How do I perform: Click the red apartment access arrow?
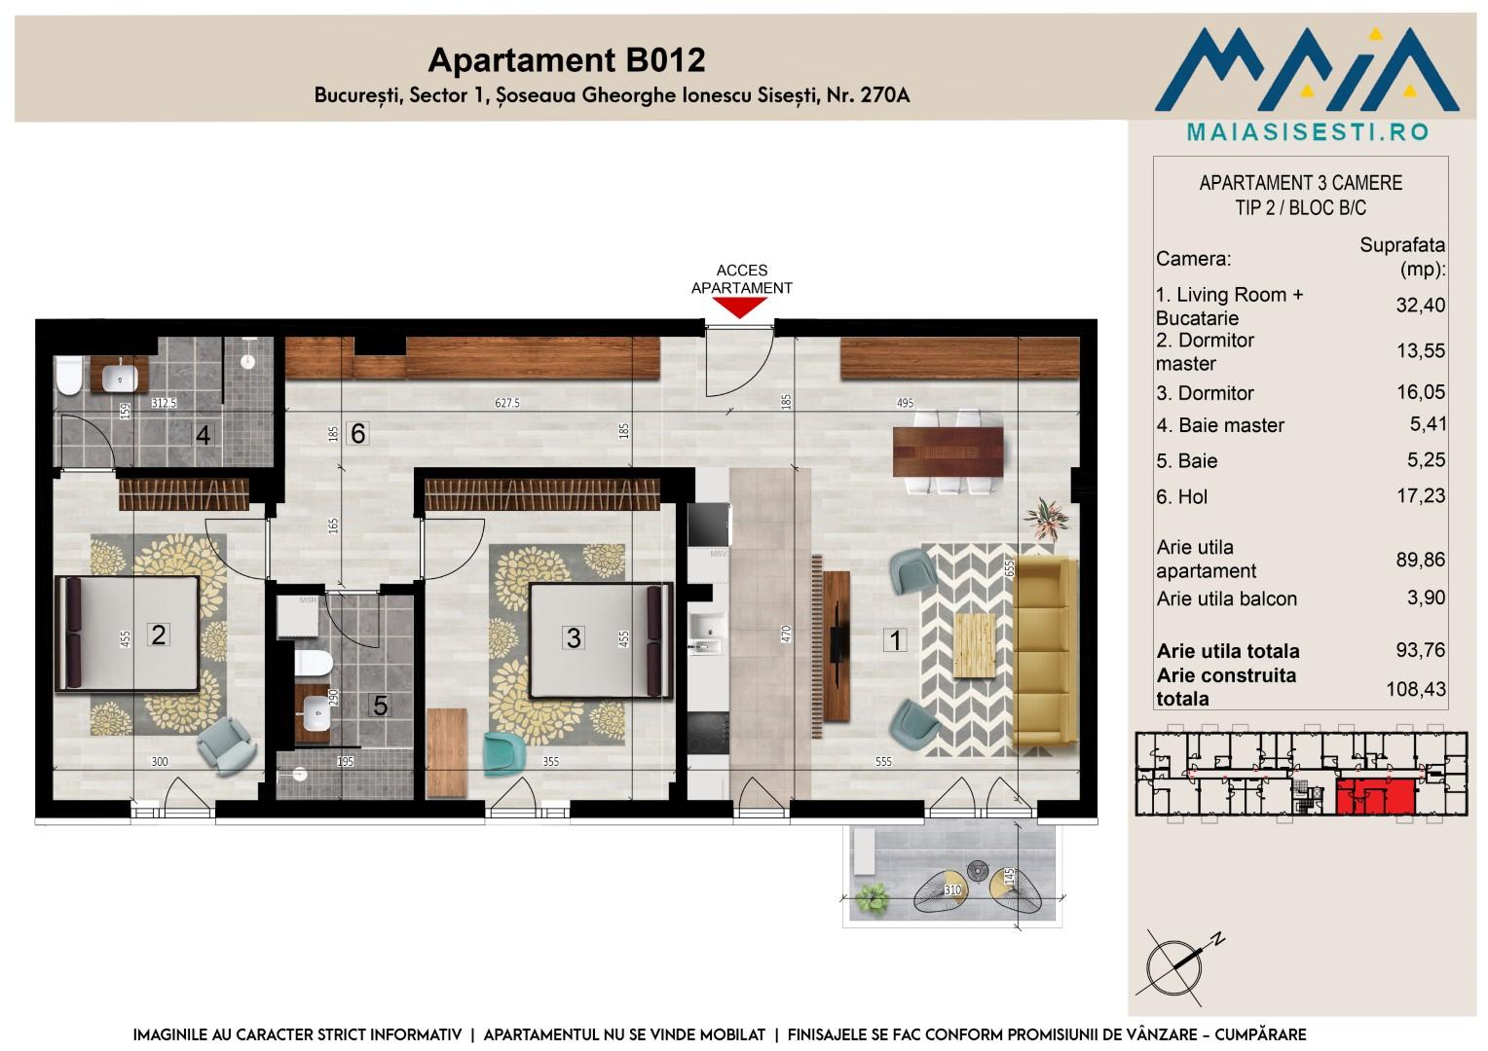740,308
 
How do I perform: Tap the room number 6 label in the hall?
358,434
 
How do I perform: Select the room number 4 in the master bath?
204,435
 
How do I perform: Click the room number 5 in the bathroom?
380,706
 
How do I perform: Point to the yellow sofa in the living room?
1045,651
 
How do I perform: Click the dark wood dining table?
948,453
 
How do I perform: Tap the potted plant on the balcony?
873,898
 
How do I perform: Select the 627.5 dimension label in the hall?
506,403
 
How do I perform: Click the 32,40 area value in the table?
1420,305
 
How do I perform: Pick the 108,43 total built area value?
1416,689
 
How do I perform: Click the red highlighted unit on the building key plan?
1375,797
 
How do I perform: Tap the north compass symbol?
1177,967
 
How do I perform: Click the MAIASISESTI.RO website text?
1307,132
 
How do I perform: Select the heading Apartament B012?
567,59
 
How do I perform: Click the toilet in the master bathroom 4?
68,376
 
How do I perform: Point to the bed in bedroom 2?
128,634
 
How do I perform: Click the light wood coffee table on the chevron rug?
975,644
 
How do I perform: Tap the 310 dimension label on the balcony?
952,889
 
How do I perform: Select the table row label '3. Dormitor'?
1205,393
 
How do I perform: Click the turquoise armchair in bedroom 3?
503,753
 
